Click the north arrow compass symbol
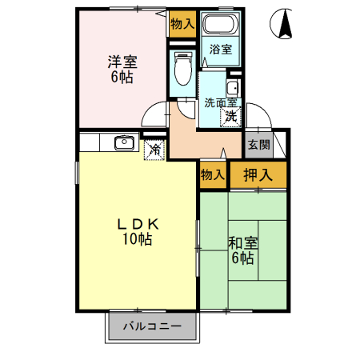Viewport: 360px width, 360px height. [284, 24]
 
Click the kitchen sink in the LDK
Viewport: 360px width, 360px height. [124, 144]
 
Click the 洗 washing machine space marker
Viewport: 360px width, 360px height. [230, 116]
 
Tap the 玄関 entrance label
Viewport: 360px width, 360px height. [257, 145]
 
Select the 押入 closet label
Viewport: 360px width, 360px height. [258, 174]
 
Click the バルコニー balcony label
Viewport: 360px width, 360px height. [152, 326]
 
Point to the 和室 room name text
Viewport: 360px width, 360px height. [242, 242]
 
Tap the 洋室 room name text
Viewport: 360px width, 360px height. [122, 61]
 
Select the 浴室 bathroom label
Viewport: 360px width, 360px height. [221, 50]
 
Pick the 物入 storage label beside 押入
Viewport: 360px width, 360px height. [213, 174]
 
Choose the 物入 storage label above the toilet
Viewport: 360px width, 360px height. [182, 24]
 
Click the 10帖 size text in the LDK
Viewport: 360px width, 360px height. [138, 239]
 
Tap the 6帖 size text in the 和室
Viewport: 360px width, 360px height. [242, 258]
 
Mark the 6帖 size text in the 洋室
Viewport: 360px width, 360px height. [122, 77]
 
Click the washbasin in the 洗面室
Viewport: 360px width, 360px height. [233, 88]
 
